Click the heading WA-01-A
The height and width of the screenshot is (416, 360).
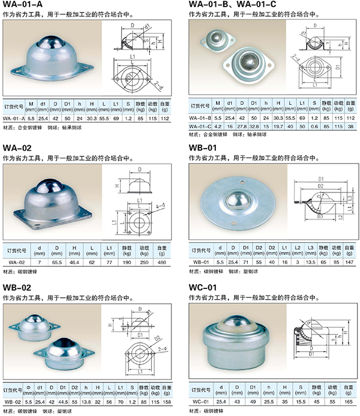coord(23,7)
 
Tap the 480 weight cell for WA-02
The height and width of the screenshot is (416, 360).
coord(162,262)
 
